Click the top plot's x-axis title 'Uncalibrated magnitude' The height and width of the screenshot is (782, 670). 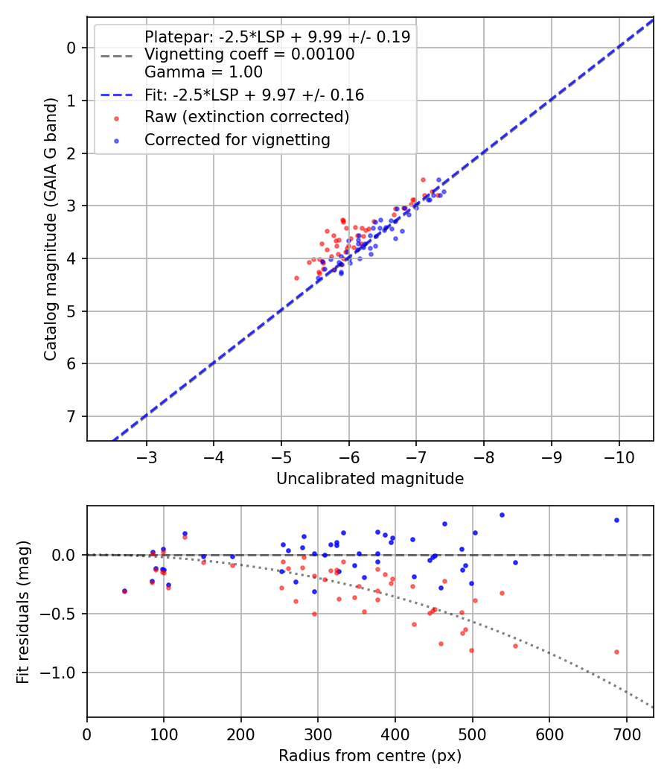pos(370,479)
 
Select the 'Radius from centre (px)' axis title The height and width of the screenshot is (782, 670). pos(370,756)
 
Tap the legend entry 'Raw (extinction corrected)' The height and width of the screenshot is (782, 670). pos(246,117)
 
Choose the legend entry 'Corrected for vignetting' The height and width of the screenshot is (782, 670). pos(237,139)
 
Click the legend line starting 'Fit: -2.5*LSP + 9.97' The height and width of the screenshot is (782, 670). pos(253,95)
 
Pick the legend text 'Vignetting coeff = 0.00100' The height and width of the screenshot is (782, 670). pos(249,54)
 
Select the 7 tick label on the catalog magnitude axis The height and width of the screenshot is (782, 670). pos(72,416)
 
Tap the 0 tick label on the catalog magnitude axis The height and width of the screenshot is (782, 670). pos(72,48)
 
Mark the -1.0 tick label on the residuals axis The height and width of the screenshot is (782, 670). pos(62,673)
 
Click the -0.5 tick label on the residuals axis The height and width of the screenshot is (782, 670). pos(62,614)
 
